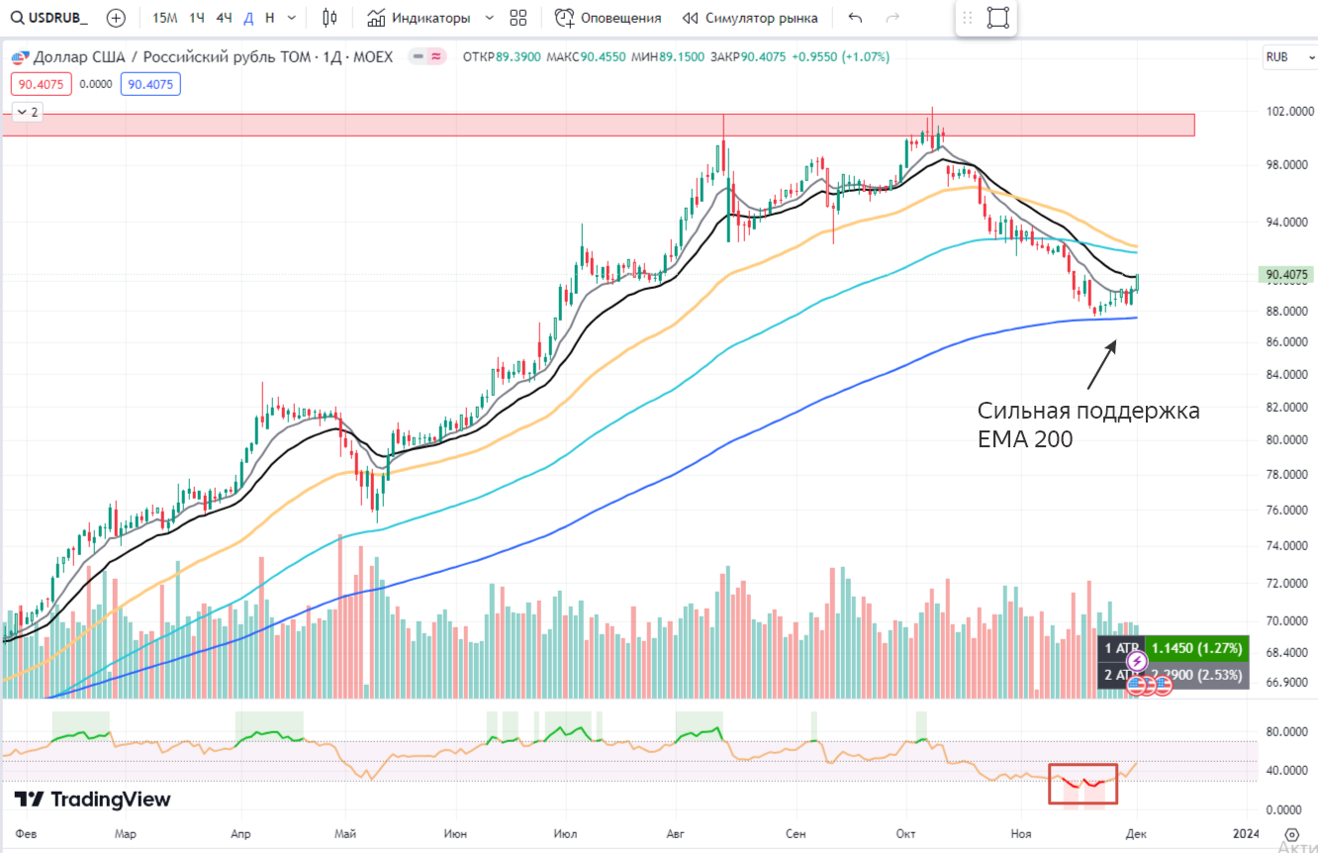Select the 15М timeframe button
pyautogui.click(x=165, y=18)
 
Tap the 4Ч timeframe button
pyautogui.click(x=224, y=18)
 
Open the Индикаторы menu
pyautogui.click(x=429, y=18)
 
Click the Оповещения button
pyautogui.click(x=609, y=18)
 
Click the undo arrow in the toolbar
pyautogui.click(x=856, y=18)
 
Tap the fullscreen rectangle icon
pyautogui.click(x=997, y=18)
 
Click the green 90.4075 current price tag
pyautogui.click(x=1286, y=274)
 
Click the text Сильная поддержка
pyautogui.click(x=1088, y=411)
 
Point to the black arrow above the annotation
pyautogui.click(x=1101, y=364)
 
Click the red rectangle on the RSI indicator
pyautogui.click(x=1083, y=783)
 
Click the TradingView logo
pyautogui.click(x=93, y=800)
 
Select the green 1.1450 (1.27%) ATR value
pyautogui.click(x=1196, y=648)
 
